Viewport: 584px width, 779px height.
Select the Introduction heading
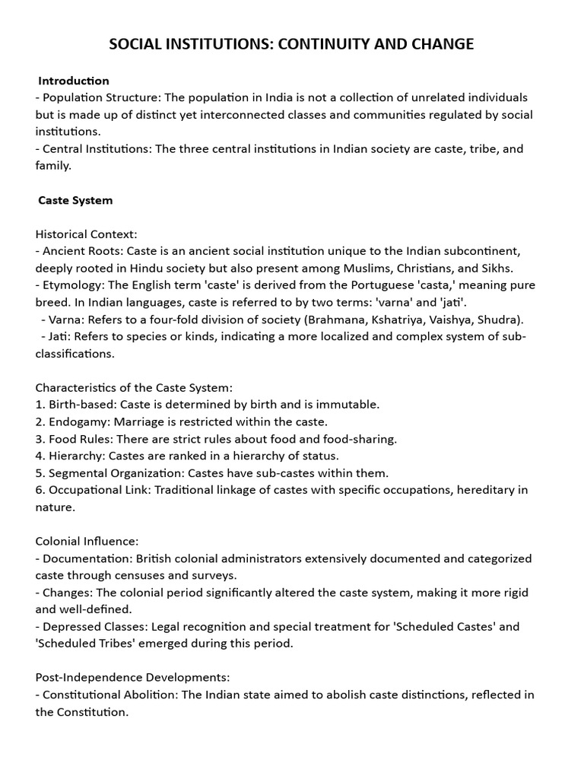coord(74,81)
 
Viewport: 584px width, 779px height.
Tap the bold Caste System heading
coord(75,200)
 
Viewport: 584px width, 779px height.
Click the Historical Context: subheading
coord(86,234)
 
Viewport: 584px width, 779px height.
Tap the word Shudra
coord(500,319)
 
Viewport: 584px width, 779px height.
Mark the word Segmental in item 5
coord(78,472)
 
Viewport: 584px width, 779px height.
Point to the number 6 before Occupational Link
coord(39,490)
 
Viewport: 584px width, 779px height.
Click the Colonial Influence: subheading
coord(87,541)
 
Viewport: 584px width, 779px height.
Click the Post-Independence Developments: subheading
coord(132,677)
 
